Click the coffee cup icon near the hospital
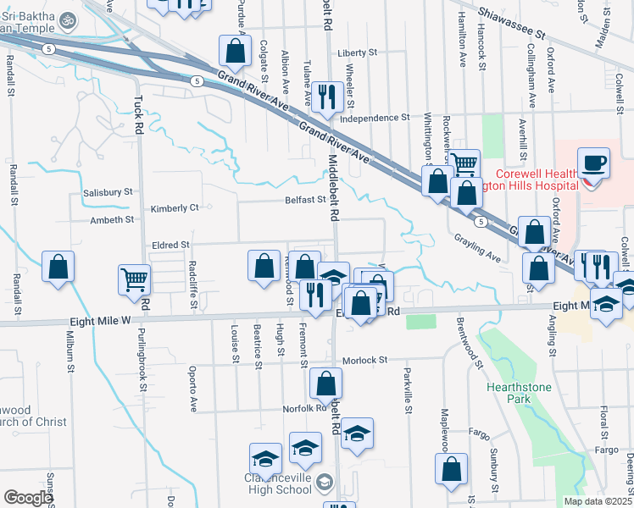593,162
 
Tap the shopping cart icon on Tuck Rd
135,279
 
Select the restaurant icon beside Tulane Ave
325,97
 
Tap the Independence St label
375,118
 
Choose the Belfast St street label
305,200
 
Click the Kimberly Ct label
175,207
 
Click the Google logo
28,498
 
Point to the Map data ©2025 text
598,501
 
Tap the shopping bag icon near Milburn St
58,267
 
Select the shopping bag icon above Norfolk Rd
325,384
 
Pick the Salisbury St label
108,192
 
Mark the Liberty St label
357,52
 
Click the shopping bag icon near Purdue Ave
235,52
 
